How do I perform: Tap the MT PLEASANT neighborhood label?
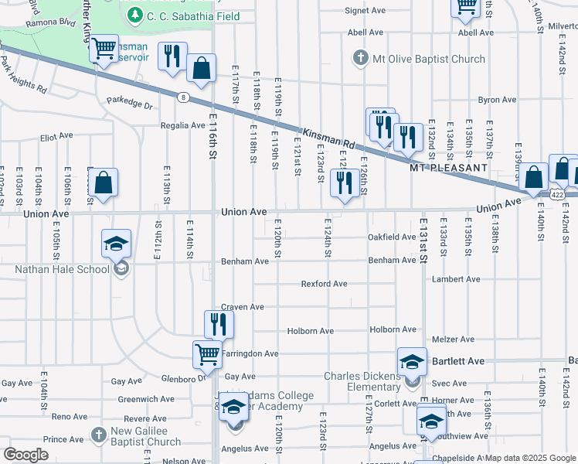[x=448, y=167]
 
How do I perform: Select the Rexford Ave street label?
[x=324, y=284]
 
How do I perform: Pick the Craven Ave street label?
[x=242, y=307]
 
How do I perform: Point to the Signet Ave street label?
[x=365, y=11]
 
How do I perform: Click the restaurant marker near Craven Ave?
[x=219, y=324]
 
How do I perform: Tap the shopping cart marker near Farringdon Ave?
[x=207, y=355]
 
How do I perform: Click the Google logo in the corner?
[x=25, y=455]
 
